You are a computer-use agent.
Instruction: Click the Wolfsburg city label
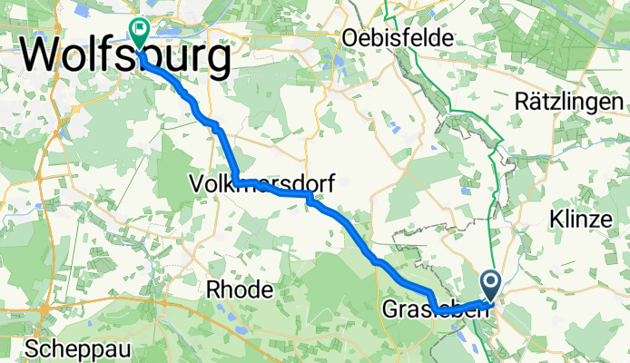pos(124,57)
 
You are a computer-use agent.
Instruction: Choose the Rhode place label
pos(240,290)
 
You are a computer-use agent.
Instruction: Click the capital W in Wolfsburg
pos(42,57)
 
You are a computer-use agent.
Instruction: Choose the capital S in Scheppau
pos(32,349)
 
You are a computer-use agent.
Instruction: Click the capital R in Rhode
pos(214,290)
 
